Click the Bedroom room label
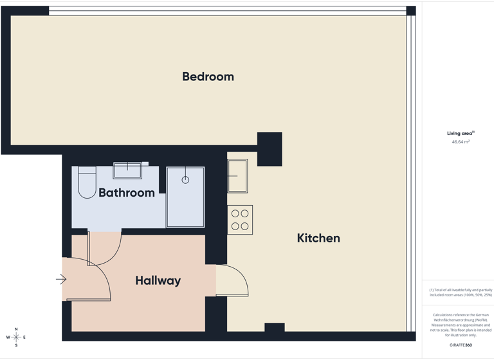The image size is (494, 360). point(208,76)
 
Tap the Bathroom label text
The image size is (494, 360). point(127,192)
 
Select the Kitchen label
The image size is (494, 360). point(318,238)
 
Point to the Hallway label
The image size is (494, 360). point(158,280)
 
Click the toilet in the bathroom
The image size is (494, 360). point(87,182)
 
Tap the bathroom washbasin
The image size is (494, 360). point(127,170)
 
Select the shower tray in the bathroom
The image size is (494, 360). point(185,197)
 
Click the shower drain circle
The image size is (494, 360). point(185,180)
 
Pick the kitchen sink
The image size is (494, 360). point(237,175)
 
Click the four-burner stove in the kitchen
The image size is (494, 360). point(240,220)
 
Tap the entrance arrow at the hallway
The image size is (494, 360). point(61,279)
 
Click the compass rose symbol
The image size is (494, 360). point(16,337)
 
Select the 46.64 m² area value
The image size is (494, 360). point(461,141)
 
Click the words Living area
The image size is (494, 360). point(460,134)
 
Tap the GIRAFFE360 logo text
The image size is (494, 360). point(461,345)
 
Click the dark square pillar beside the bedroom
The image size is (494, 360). point(270,148)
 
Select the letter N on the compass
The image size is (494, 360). point(16,329)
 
